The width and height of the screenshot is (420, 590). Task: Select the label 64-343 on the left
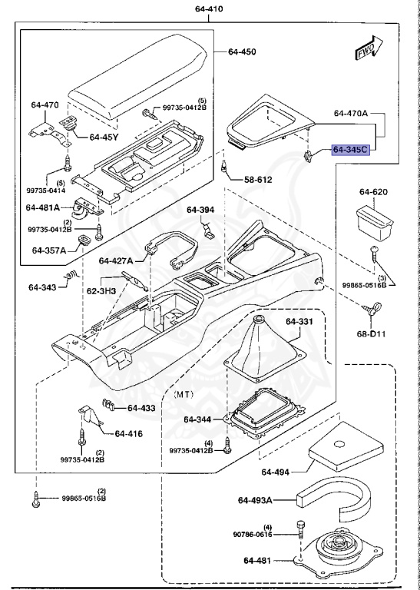pyautogui.click(x=44, y=287)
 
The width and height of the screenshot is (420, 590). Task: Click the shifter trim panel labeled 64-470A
pyautogui.click(x=269, y=123)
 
